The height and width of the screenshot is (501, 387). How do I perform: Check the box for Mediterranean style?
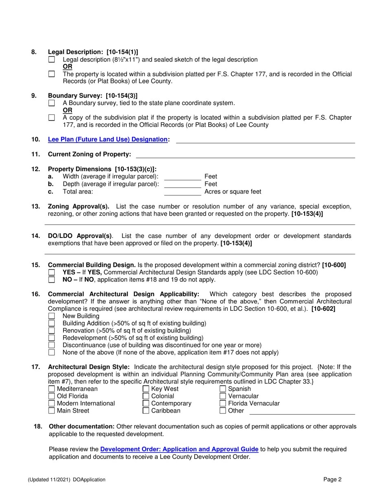[51, 389]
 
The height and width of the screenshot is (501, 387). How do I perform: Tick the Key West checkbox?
[146, 389]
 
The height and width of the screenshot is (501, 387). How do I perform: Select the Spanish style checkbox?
[223, 389]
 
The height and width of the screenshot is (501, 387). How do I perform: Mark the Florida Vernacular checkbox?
[223, 404]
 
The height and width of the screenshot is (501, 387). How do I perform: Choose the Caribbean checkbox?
[146, 411]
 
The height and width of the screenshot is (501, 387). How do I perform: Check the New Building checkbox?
[51, 316]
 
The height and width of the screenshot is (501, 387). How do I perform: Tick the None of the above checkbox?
[51, 353]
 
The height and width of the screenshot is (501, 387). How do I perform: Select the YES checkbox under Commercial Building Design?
[51, 272]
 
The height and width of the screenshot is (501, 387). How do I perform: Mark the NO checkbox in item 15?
[51, 280]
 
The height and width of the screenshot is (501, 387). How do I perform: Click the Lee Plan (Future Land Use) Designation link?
[108, 139]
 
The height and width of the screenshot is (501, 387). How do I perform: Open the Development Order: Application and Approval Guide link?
[179, 449]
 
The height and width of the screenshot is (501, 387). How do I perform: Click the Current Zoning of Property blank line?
[245, 155]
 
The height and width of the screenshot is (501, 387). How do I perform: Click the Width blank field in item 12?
[183, 177]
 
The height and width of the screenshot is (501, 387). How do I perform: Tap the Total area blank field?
[183, 192]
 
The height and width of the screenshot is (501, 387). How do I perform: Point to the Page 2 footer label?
[332, 479]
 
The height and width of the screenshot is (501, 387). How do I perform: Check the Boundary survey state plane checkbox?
[51, 103]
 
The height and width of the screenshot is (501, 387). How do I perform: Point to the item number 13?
[35, 207]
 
